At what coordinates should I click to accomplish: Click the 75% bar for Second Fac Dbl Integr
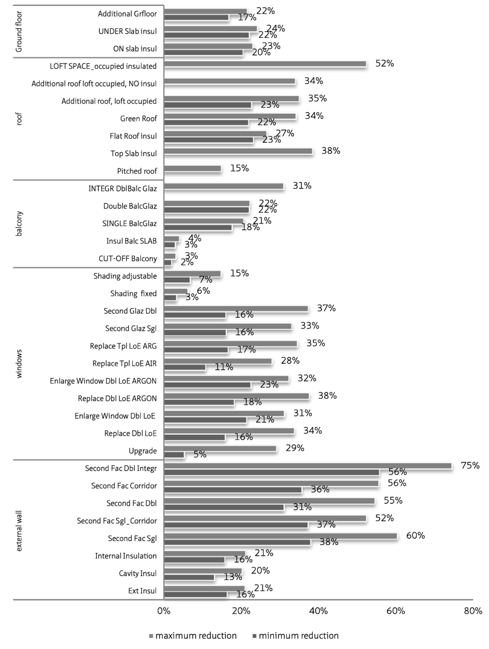pos(308,466)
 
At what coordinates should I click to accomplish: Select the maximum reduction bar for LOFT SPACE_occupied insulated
pos(265,64)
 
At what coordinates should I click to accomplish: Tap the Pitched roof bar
pos(192,169)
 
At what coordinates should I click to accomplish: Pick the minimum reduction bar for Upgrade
pos(174,455)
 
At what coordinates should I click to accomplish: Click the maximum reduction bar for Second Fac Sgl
pos(280,536)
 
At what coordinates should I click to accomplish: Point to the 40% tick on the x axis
pos(319,611)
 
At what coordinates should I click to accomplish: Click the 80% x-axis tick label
pos(473,611)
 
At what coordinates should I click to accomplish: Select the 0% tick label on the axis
pos(164,611)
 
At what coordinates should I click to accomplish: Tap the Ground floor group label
pos(19,32)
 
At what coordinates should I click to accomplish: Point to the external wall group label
pos(19,530)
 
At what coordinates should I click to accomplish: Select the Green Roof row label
pos(138,118)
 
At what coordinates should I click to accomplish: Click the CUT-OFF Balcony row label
pos(128,258)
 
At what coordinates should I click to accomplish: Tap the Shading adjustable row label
pos(125,276)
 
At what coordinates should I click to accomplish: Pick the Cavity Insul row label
pos(138,573)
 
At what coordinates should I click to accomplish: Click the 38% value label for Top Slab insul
pos(330,151)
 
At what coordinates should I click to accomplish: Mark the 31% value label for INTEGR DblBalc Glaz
pos(302,186)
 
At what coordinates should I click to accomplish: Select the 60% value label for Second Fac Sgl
pos(415,536)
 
